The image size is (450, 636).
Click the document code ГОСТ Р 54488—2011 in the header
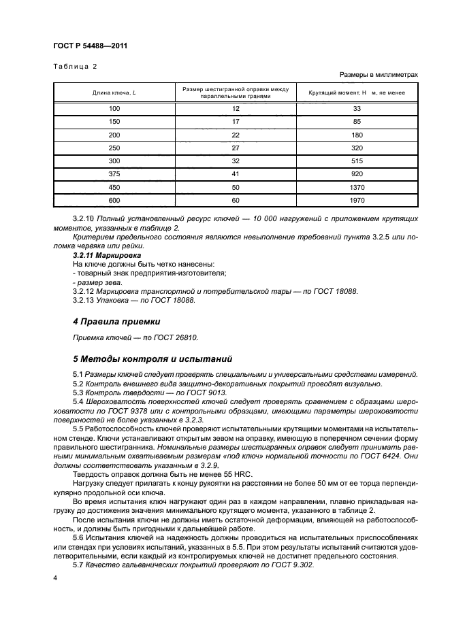pyautogui.click(x=90, y=46)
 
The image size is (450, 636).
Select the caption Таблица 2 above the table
pyautogui.click(x=76, y=66)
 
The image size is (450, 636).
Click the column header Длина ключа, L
pyautogui.click(x=114, y=93)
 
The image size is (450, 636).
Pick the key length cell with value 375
pyautogui.click(x=114, y=173)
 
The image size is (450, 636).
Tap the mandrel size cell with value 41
pyautogui.click(x=236, y=173)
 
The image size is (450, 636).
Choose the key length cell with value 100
pyautogui.click(x=114, y=108)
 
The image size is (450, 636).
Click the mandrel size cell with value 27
pyautogui.click(x=236, y=148)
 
